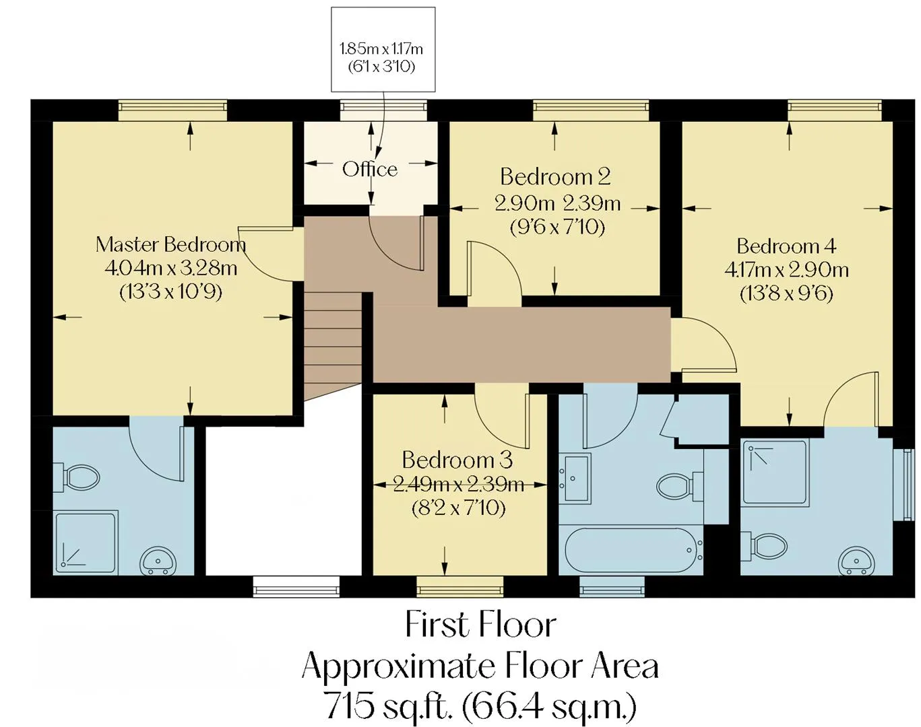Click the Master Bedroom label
click(170, 244)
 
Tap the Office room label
click(370, 170)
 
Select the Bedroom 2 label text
click(556, 176)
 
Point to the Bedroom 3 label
click(457, 460)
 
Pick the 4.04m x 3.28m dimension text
click(170, 269)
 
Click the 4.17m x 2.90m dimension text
click(787, 270)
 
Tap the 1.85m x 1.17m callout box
click(383, 49)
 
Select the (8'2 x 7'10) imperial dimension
click(458, 508)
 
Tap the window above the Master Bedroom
click(172, 111)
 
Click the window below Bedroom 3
click(460, 586)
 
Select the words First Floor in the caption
click(480, 625)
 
